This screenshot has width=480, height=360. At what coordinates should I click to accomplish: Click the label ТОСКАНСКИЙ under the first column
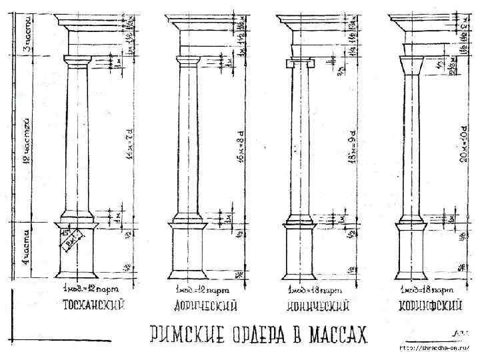coord(95,306)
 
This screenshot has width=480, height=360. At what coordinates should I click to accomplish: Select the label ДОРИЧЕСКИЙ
coord(207,306)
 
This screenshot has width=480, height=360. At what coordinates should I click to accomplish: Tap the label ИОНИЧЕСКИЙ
coord(319,306)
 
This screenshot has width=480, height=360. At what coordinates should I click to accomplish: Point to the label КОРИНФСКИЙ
coord(431,306)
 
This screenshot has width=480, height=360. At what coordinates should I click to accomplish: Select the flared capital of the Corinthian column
coord(411,65)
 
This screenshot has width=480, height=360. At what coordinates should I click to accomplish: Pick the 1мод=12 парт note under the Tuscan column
coord(88,291)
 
